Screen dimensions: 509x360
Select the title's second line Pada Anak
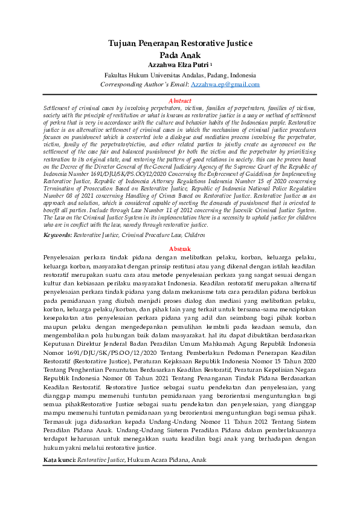(x=180, y=54)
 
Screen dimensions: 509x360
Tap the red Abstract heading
(x=180, y=100)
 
